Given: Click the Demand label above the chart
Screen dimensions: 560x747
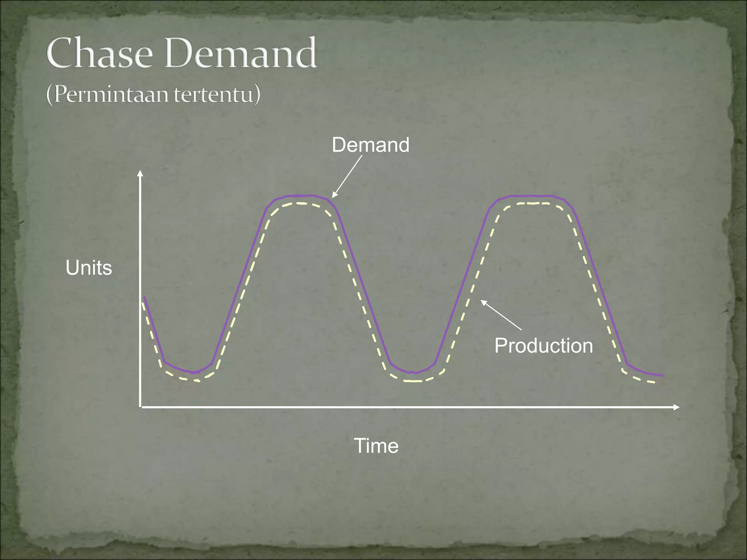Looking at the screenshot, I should click(370, 145).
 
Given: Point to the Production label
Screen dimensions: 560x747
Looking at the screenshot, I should click(543, 345).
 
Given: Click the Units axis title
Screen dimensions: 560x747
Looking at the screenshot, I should click(89, 268).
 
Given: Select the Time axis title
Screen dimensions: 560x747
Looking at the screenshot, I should click(376, 446).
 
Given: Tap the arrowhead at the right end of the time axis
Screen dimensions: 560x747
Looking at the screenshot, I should click(677, 407).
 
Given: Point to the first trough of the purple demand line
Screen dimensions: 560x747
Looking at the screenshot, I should click(194, 373).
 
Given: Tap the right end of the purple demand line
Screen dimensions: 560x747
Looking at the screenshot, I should click(662, 375).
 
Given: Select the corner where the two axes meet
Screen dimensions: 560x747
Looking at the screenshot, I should click(140, 407).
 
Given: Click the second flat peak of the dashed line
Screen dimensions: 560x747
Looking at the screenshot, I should click(533, 203).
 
